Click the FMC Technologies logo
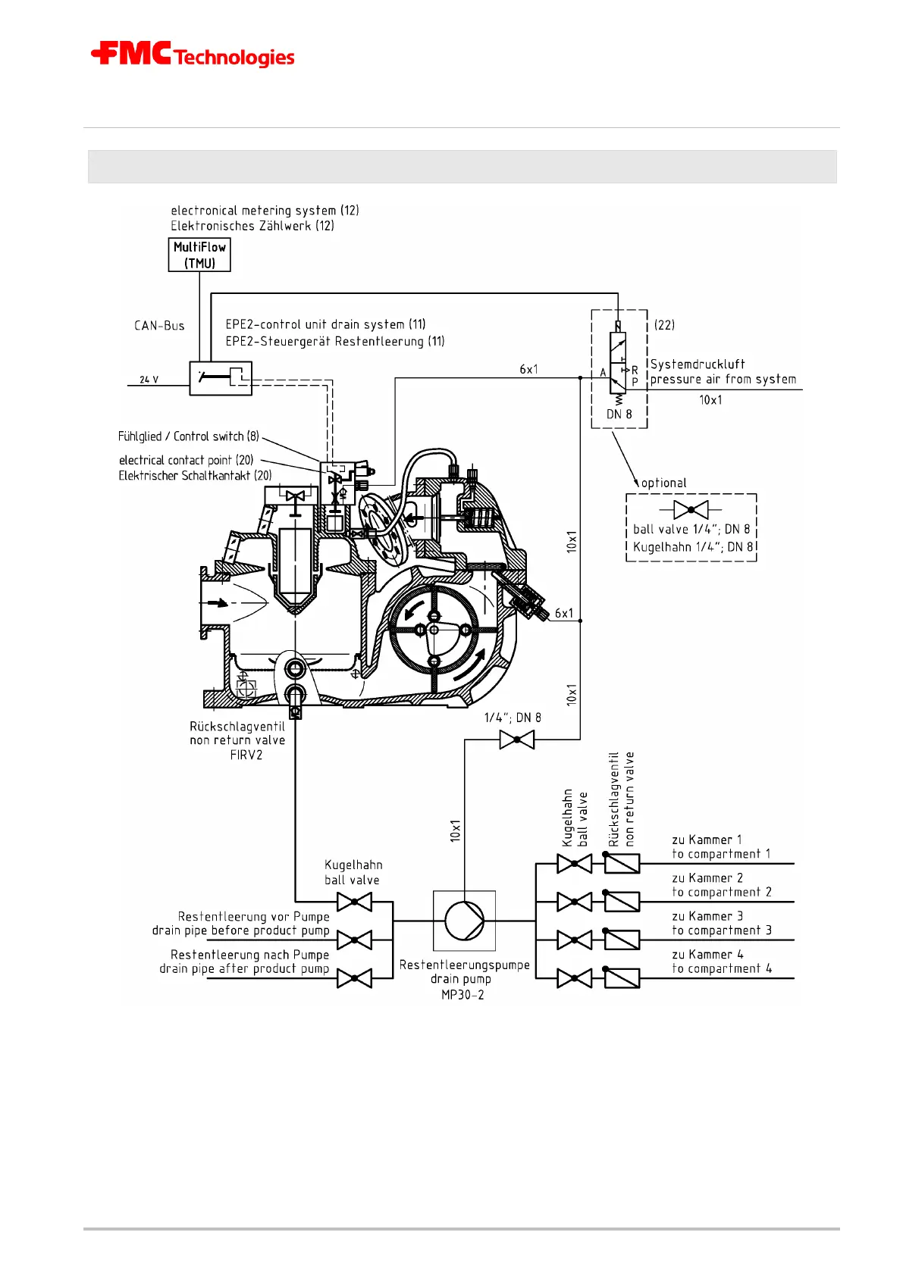click(x=193, y=55)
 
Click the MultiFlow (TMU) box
click(x=199, y=255)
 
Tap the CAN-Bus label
click(x=159, y=326)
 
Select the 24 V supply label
click(x=149, y=380)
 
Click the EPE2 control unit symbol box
click(x=220, y=377)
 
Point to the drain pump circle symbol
click(x=464, y=921)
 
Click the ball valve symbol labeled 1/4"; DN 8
click(x=517, y=740)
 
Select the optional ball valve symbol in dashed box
click(x=691, y=510)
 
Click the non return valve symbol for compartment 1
click(x=622, y=863)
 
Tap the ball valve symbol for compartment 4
click(x=575, y=978)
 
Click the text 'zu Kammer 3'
click(x=707, y=916)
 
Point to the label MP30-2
click(x=462, y=995)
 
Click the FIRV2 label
click(x=246, y=755)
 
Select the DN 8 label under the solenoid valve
click(x=619, y=414)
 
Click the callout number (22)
click(x=664, y=325)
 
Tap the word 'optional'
click(x=664, y=483)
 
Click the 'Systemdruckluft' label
click(x=698, y=364)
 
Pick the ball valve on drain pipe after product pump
click(x=354, y=978)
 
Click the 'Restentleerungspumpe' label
click(x=465, y=965)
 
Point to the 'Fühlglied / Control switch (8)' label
click(x=189, y=436)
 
